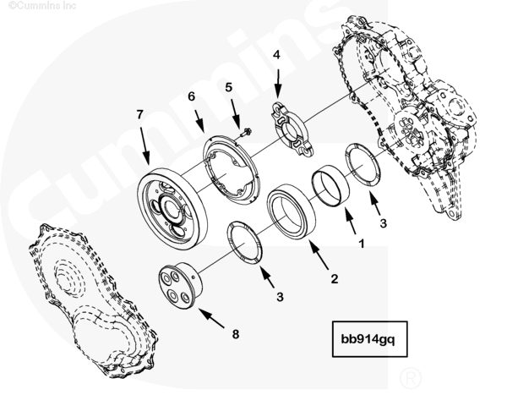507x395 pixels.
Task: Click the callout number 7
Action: (x=139, y=115)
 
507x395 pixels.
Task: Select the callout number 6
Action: (x=192, y=96)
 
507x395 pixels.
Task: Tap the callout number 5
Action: (x=229, y=87)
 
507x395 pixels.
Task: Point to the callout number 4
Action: (x=276, y=55)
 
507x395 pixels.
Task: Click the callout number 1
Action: (x=362, y=244)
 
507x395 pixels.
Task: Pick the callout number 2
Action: (x=335, y=279)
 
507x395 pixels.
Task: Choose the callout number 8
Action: (x=236, y=334)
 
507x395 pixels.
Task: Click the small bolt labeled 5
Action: (x=247, y=132)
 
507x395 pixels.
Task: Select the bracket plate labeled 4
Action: (x=292, y=129)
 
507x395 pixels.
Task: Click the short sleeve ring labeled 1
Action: (x=330, y=186)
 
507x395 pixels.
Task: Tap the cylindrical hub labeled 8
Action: (x=180, y=286)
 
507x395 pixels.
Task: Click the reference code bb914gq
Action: (x=368, y=340)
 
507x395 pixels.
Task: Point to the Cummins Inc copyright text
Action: (x=42, y=6)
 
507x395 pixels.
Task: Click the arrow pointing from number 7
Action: (x=144, y=145)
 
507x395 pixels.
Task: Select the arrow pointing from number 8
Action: (x=211, y=318)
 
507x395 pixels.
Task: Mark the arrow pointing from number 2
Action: (x=319, y=255)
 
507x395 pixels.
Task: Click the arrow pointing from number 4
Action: (x=277, y=82)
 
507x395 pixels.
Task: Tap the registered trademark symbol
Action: (x=411, y=377)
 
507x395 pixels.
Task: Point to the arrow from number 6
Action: (x=199, y=122)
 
